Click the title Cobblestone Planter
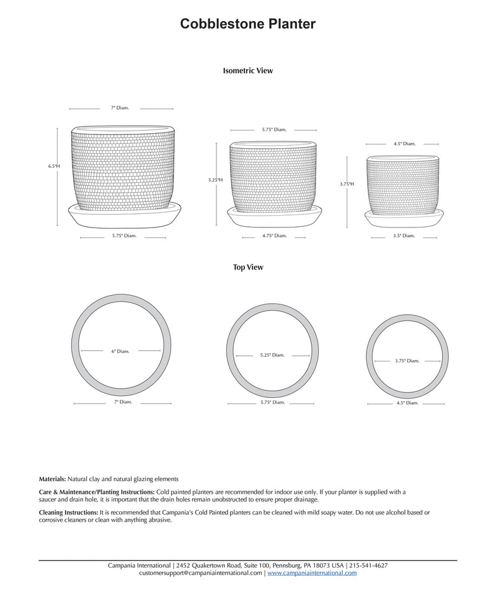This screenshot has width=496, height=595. (x=248, y=24)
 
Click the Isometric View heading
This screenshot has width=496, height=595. (x=248, y=71)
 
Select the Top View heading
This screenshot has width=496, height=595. (x=248, y=267)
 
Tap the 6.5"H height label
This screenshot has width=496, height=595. (x=54, y=166)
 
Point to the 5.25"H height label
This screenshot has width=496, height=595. (x=215, y=180)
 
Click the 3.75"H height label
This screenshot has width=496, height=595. (x=347, y=184)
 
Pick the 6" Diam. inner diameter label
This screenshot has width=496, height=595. (x=120, y=351)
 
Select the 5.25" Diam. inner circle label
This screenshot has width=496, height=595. (x=272, y=355)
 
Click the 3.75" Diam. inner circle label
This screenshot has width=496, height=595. (x=407, y=361)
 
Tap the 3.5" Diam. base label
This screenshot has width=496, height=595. (x=404, y=236)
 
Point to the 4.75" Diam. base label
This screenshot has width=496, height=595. (x=274, y=236)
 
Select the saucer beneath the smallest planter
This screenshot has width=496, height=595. (x=404, y=219)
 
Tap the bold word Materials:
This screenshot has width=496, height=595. (x=52, y=479)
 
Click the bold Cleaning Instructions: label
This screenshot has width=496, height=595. (x=68, y=513)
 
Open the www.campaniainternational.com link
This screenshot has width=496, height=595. (x=312, y=573)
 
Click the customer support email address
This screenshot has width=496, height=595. (x=201, y=573)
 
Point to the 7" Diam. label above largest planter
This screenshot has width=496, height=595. (x=120, y=108)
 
